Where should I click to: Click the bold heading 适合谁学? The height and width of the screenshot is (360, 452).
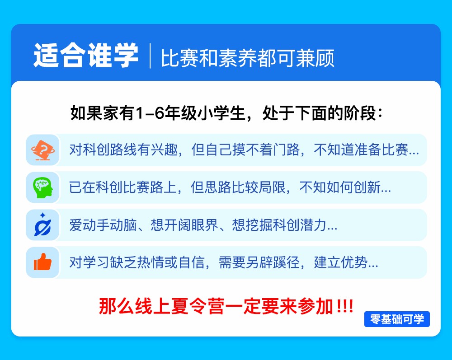tap(86, 55)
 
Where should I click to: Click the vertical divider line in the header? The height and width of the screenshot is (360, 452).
tap(150, 56)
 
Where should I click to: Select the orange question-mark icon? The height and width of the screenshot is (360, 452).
tap(43, 150)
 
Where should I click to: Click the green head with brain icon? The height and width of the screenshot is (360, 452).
tap(43, 187)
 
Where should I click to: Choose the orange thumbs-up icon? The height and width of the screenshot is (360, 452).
tap(42, 262)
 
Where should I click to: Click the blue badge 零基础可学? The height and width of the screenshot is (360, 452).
tap(397, 319)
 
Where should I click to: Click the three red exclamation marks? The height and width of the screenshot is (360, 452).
tap(345, 306)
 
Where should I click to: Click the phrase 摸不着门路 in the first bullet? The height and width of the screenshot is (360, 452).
tap(266, 150)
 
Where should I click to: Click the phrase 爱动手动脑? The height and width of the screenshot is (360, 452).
tap(103, 225)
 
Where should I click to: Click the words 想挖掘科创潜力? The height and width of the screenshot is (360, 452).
tap(279, 225)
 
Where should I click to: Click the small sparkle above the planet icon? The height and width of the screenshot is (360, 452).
tap(42, 215)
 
